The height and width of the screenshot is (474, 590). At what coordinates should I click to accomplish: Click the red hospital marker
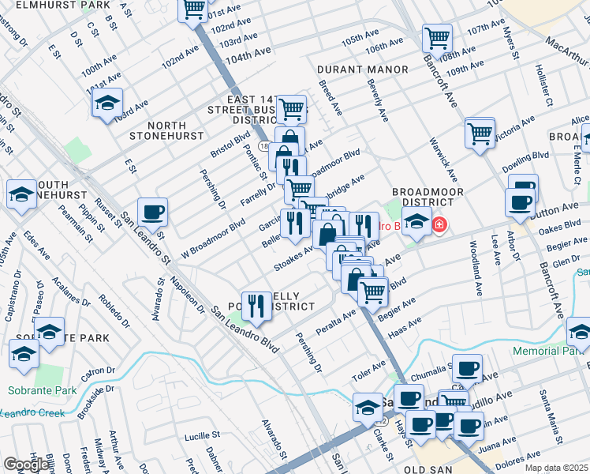pyautogui.click(x=439, y=226)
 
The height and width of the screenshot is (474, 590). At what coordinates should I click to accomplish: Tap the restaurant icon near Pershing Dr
pyautogui.click(x=256, y=304)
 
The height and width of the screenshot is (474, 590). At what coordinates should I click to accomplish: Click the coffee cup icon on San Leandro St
pyautogui.click(x=152, y=212)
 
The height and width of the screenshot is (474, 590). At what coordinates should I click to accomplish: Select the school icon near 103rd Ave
pyautogui.click(x=106, y=103)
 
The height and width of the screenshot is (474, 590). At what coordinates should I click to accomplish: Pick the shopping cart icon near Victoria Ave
pyautogui.click(x=480, y=133)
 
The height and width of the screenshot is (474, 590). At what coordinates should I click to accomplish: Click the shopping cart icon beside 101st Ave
pyautogui.click(x=193, y=10)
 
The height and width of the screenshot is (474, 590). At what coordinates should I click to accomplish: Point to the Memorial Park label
pyautogui.click(x=550, y=350)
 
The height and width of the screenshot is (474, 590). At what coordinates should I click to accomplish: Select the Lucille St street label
pyautogui.click(x=202, y=435)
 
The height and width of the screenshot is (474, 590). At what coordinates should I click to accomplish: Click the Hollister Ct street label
pyautogui.click(x=544, y=85)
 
